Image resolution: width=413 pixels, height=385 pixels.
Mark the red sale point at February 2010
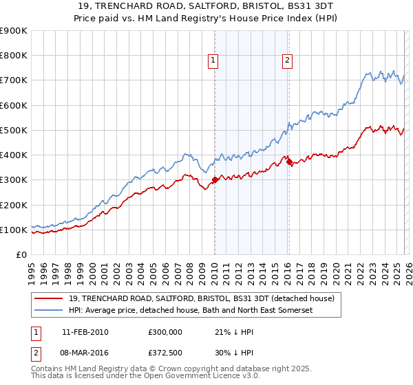[x=214, y=180]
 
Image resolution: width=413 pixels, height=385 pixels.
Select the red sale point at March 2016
[x=288, y=162]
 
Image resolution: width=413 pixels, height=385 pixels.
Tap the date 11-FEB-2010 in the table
[x=85, y=332]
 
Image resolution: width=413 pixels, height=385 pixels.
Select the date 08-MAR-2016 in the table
[x=85, y=354]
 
